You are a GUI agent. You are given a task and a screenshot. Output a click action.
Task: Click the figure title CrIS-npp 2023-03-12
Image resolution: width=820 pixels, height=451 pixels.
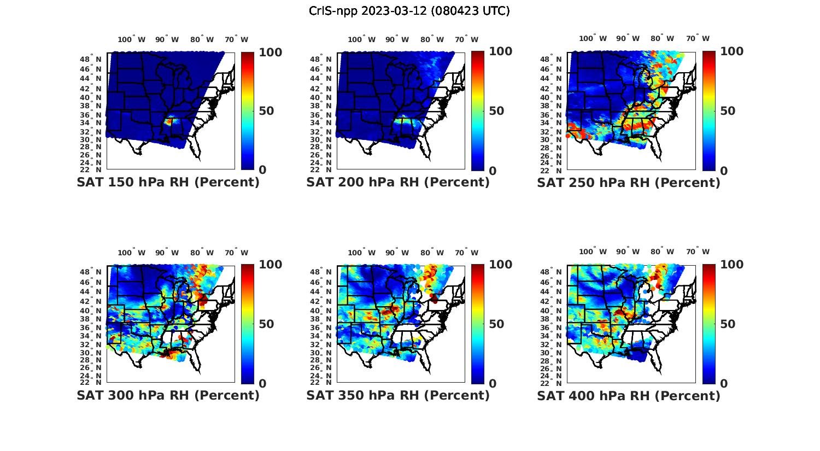[x=409, y=11]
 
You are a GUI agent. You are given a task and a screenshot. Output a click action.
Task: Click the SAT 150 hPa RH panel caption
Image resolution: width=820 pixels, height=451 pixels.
[x=168, y=183]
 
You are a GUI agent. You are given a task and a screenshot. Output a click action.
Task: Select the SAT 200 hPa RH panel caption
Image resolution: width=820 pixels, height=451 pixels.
[x=398, y=183]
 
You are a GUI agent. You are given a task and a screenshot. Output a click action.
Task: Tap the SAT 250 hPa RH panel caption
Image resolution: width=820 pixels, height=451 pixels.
[x=629, y=183]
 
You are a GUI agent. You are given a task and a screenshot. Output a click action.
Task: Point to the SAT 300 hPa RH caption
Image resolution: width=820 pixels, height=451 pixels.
[x=168, y=395]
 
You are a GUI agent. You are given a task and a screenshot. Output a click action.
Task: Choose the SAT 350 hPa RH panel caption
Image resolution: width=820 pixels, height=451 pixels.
[x=398, y=395]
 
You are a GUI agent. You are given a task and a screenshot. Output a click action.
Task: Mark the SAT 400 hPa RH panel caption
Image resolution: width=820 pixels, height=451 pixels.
[x=629, y=395]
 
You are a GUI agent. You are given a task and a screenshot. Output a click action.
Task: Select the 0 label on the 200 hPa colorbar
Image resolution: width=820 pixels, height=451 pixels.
[x=493, y=171]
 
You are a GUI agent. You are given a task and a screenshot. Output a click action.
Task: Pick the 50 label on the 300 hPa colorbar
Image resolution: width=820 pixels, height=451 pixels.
[x=266, y=324]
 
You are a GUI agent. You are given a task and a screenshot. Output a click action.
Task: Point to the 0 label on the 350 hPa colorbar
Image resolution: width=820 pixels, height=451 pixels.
[x=493, y=384]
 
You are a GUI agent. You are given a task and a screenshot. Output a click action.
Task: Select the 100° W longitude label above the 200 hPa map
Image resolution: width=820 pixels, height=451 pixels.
[x=361, y=39]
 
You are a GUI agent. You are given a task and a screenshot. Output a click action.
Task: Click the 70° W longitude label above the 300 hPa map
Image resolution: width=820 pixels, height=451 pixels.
[x=236, y=253]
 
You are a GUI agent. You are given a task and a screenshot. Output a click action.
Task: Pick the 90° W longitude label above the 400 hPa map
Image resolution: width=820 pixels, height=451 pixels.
[x=628, y=252]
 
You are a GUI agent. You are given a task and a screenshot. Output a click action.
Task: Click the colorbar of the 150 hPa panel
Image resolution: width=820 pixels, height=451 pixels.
[x=248, y=111]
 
